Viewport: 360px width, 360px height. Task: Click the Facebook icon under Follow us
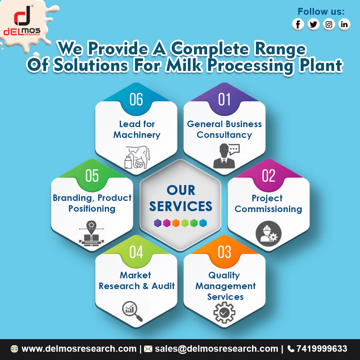tap(298, 24)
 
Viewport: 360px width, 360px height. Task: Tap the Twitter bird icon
tap(314, 24)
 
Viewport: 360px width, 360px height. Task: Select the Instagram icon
tap(329, 24)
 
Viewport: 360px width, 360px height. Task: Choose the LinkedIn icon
tap(344, 24)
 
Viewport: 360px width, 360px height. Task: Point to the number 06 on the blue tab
tap(136, 99)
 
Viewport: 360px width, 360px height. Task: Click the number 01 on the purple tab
tap(224, 99)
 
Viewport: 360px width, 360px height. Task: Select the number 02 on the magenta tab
tap(269, 176)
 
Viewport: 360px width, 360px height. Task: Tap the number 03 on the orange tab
tap(224, 252)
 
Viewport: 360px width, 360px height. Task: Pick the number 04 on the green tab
tap(136, 252)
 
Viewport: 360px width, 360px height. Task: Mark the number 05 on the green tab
tap(92, 176)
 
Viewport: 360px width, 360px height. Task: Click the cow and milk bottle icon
tap(136, 158)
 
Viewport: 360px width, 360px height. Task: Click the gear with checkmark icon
tap(224, 312)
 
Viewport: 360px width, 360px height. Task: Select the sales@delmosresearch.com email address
tap(216, 348)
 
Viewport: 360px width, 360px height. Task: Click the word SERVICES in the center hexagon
tap(181, 206)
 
